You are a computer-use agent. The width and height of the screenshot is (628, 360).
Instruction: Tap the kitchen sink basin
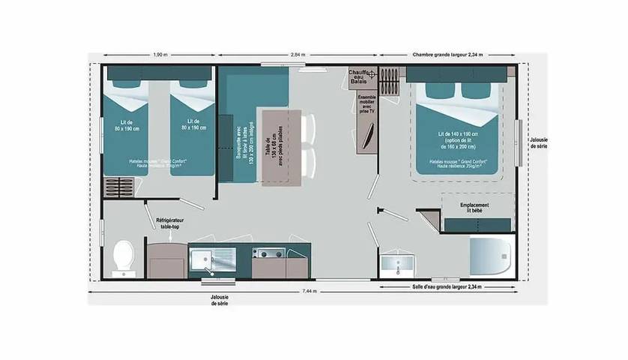pos(202,259)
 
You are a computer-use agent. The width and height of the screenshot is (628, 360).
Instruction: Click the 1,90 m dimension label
pos(160,55)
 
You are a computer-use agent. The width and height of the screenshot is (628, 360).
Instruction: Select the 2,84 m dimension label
pos(298,55)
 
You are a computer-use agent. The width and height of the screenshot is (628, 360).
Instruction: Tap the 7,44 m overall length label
pos(309,291)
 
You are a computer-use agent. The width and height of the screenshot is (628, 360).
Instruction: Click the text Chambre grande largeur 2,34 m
pos(448,55)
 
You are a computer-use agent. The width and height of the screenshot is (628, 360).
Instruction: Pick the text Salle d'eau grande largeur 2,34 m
pos(447,287)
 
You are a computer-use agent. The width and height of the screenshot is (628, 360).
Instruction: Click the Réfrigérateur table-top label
pos(169,222)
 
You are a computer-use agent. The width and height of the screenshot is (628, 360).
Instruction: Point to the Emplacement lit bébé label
pos(474,208)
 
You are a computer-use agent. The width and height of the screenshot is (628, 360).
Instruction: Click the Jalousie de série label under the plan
pos(220,300)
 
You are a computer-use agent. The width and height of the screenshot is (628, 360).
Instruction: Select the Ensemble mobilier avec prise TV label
pos(367,103)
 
